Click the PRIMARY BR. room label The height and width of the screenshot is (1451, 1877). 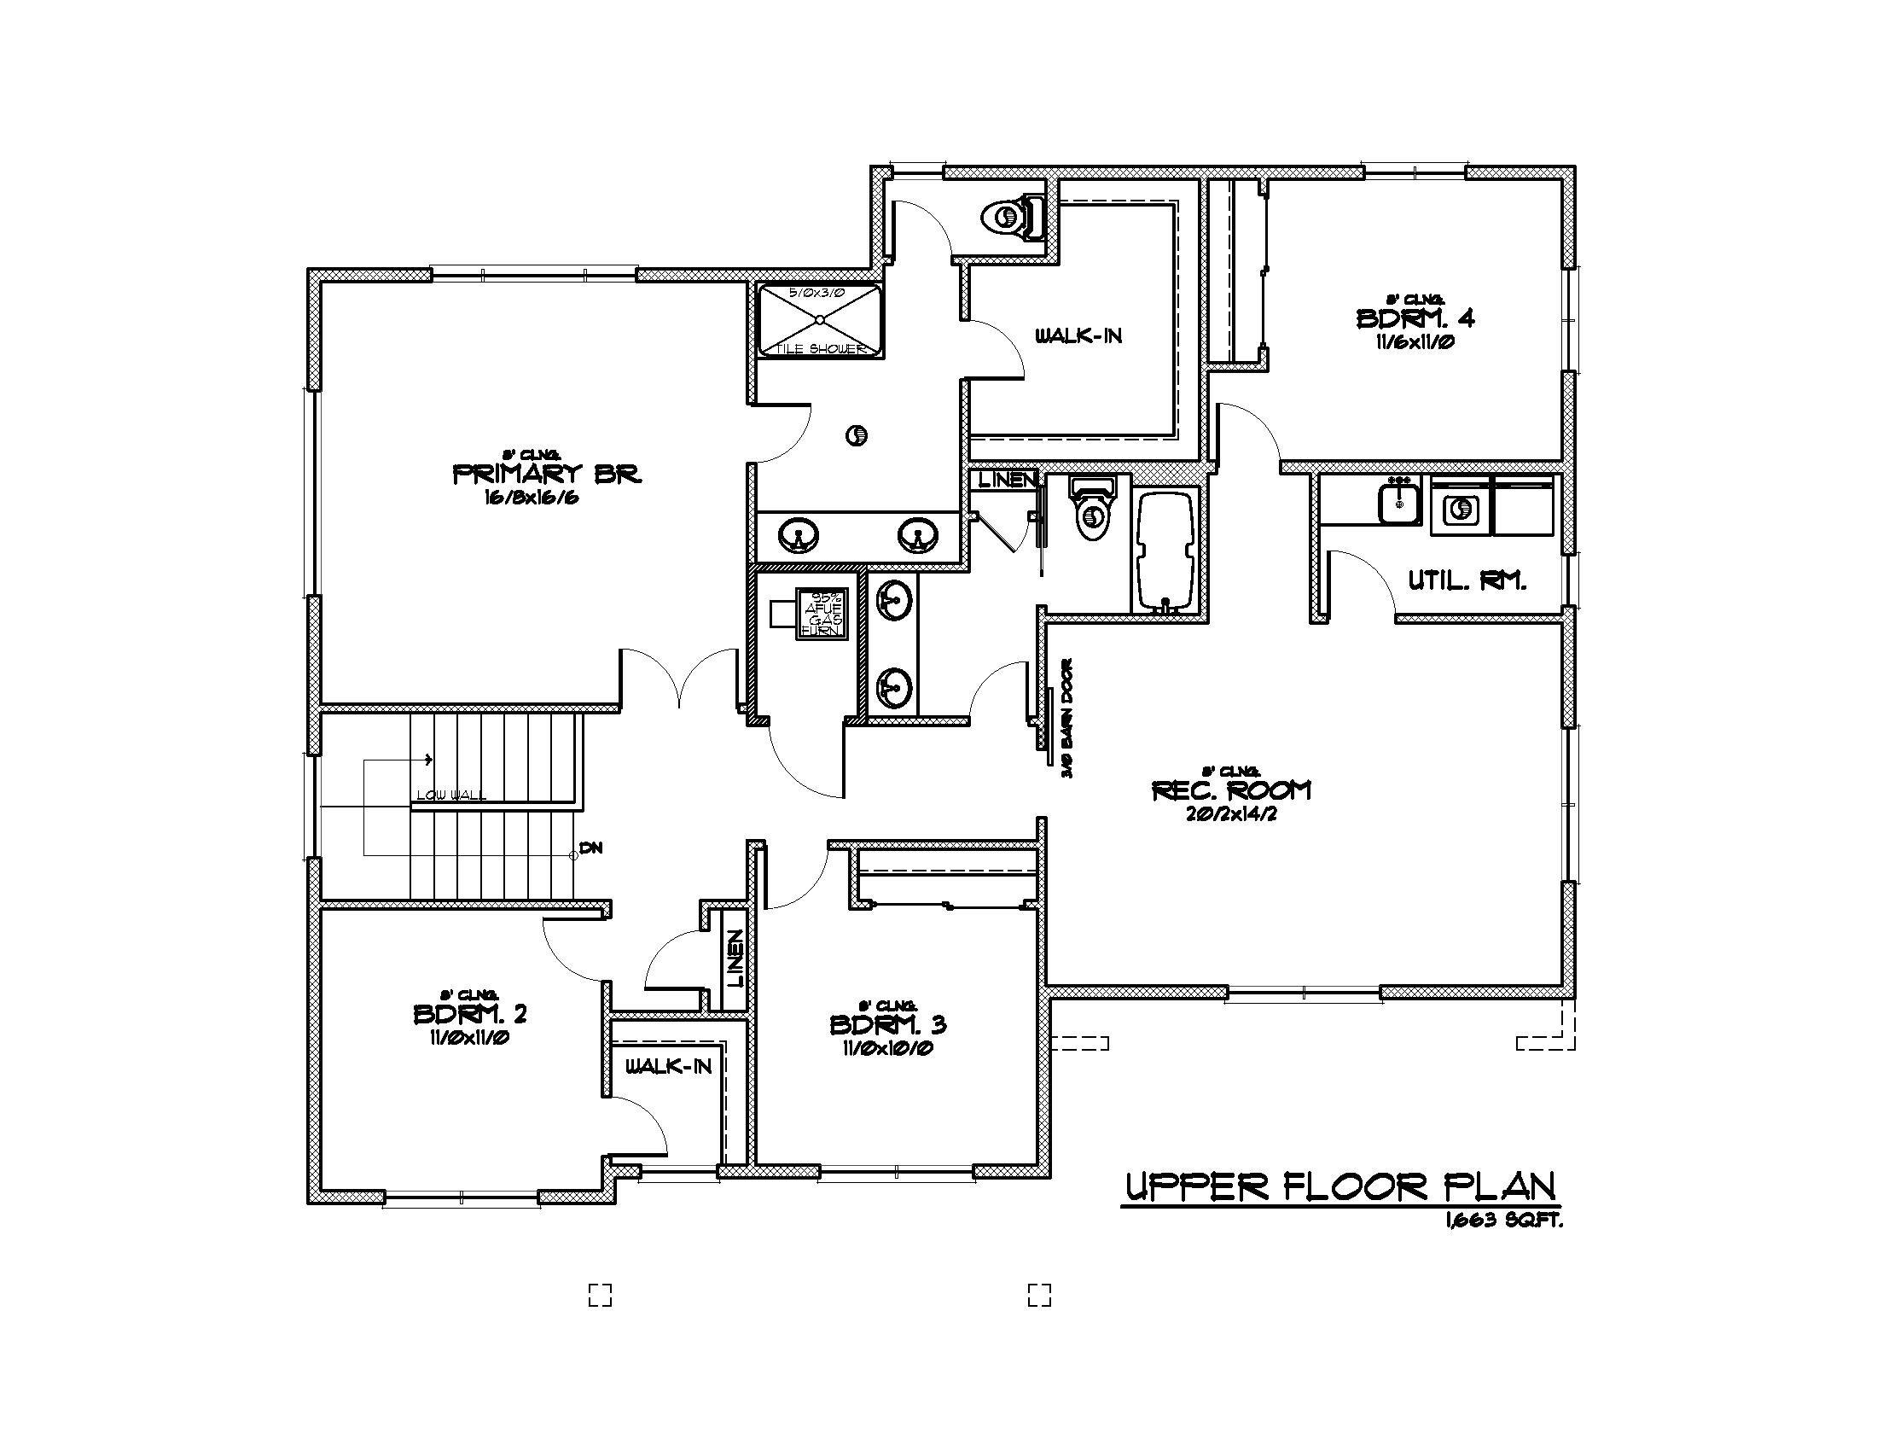547,474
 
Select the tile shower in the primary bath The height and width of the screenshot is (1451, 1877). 820,320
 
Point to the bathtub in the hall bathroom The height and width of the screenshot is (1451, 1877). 1166,551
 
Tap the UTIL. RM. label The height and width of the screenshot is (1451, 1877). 1466,581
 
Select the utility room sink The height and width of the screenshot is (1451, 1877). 1399,503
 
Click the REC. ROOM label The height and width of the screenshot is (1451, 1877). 1230,790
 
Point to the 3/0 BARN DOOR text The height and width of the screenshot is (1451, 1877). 1067,719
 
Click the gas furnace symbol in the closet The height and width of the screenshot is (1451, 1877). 822,614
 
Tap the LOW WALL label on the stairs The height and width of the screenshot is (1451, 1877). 451,795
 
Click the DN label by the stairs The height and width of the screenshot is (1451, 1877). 590,848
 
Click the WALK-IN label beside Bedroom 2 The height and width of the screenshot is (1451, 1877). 668,1067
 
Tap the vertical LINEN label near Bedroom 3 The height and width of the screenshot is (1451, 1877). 735,959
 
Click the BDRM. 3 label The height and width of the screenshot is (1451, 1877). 888,1024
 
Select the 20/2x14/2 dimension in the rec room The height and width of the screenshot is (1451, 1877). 1229,813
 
